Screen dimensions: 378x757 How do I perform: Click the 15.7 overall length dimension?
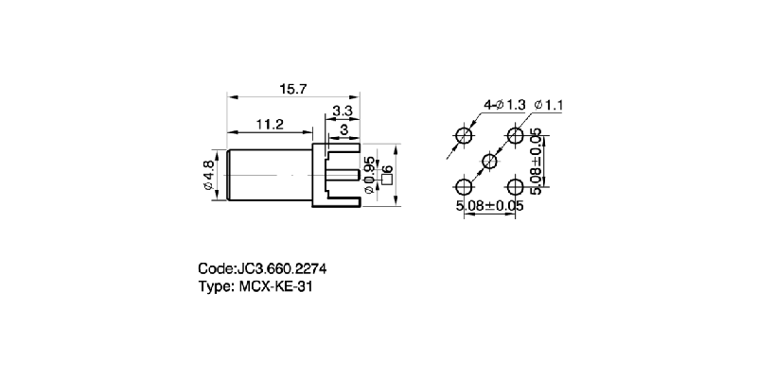(x=291, y=89)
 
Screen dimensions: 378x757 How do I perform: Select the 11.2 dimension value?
(x=270, y=124)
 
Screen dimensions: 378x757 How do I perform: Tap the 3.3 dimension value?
(x=343, y=111)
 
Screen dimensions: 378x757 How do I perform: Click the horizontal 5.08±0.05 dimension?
(x=488, y=204)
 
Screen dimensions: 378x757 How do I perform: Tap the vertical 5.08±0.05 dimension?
(x=537, y=161)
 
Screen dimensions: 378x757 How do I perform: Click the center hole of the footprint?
(x=489, y=162)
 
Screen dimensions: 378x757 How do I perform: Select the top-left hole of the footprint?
(x=464, y=136)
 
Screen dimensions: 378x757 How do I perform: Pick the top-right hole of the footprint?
(x=515, y=136)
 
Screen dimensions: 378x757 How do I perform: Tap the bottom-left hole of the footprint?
(x=464, y=186)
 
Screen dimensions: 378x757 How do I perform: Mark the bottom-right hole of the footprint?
(x=515, y=186)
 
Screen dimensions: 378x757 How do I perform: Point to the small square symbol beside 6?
(x=386, y=180)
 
